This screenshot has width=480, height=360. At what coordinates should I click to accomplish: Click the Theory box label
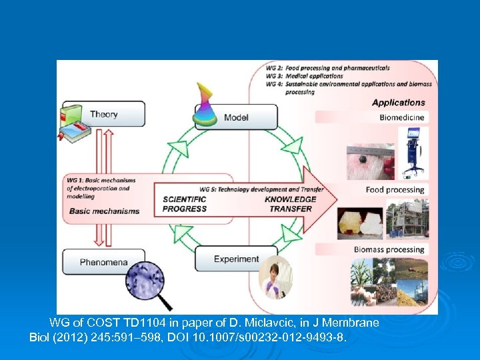tap(103, 114)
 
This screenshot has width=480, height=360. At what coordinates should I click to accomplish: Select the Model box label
tap(236, 117)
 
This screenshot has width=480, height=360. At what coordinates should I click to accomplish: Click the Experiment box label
tap(236, 259)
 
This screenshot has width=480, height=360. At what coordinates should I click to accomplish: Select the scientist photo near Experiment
tap(275, 277)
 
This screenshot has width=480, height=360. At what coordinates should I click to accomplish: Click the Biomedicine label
tap(402, 117)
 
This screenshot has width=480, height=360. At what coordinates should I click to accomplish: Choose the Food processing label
tap(395, 190)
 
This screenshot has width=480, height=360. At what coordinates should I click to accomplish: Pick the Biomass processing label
tap(389, 250)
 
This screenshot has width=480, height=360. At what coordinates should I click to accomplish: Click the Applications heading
tap(398, 103)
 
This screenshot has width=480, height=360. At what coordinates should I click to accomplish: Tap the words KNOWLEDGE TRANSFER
tap(290, 204)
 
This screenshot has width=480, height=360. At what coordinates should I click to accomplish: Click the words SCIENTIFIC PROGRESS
tap(185, 204)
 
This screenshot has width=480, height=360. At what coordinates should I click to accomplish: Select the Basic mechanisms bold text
tap(104, 211)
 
